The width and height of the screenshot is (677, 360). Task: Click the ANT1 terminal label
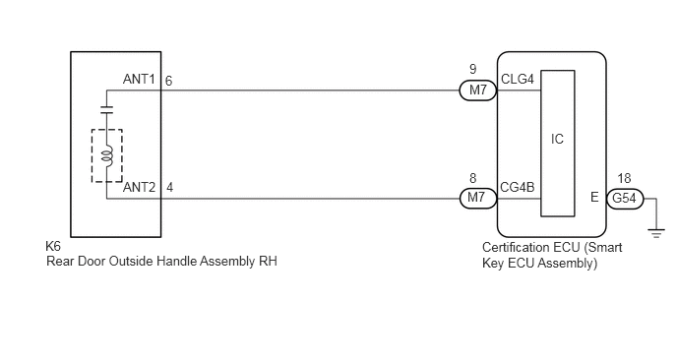point(139,80)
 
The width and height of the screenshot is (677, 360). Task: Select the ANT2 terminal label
point(139,187)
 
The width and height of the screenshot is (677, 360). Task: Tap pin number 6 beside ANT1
point(168,81)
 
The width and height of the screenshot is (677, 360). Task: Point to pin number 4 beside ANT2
point(169,187)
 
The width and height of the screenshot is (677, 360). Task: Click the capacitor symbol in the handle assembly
point(106,109)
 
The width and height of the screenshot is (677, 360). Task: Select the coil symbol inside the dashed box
point(107,155)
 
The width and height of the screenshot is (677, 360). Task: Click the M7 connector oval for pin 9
point(477,90)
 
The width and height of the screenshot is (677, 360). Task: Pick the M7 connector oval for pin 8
point(477,198)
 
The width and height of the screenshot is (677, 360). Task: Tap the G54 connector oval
point(625,198)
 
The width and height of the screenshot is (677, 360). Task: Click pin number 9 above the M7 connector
point(472,69)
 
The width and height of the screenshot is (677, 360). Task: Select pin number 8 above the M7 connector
point(472,178)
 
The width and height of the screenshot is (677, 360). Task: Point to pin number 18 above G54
point(624,178)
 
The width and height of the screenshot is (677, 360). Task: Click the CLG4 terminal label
point(518,79)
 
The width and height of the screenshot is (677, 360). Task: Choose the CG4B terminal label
point(518,187)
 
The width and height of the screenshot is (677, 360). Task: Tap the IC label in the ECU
point(557,139)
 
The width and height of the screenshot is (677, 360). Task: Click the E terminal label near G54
point(594,198)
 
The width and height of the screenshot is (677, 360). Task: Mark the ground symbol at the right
point(656,233)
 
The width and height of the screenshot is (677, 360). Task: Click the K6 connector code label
point(53,246)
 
